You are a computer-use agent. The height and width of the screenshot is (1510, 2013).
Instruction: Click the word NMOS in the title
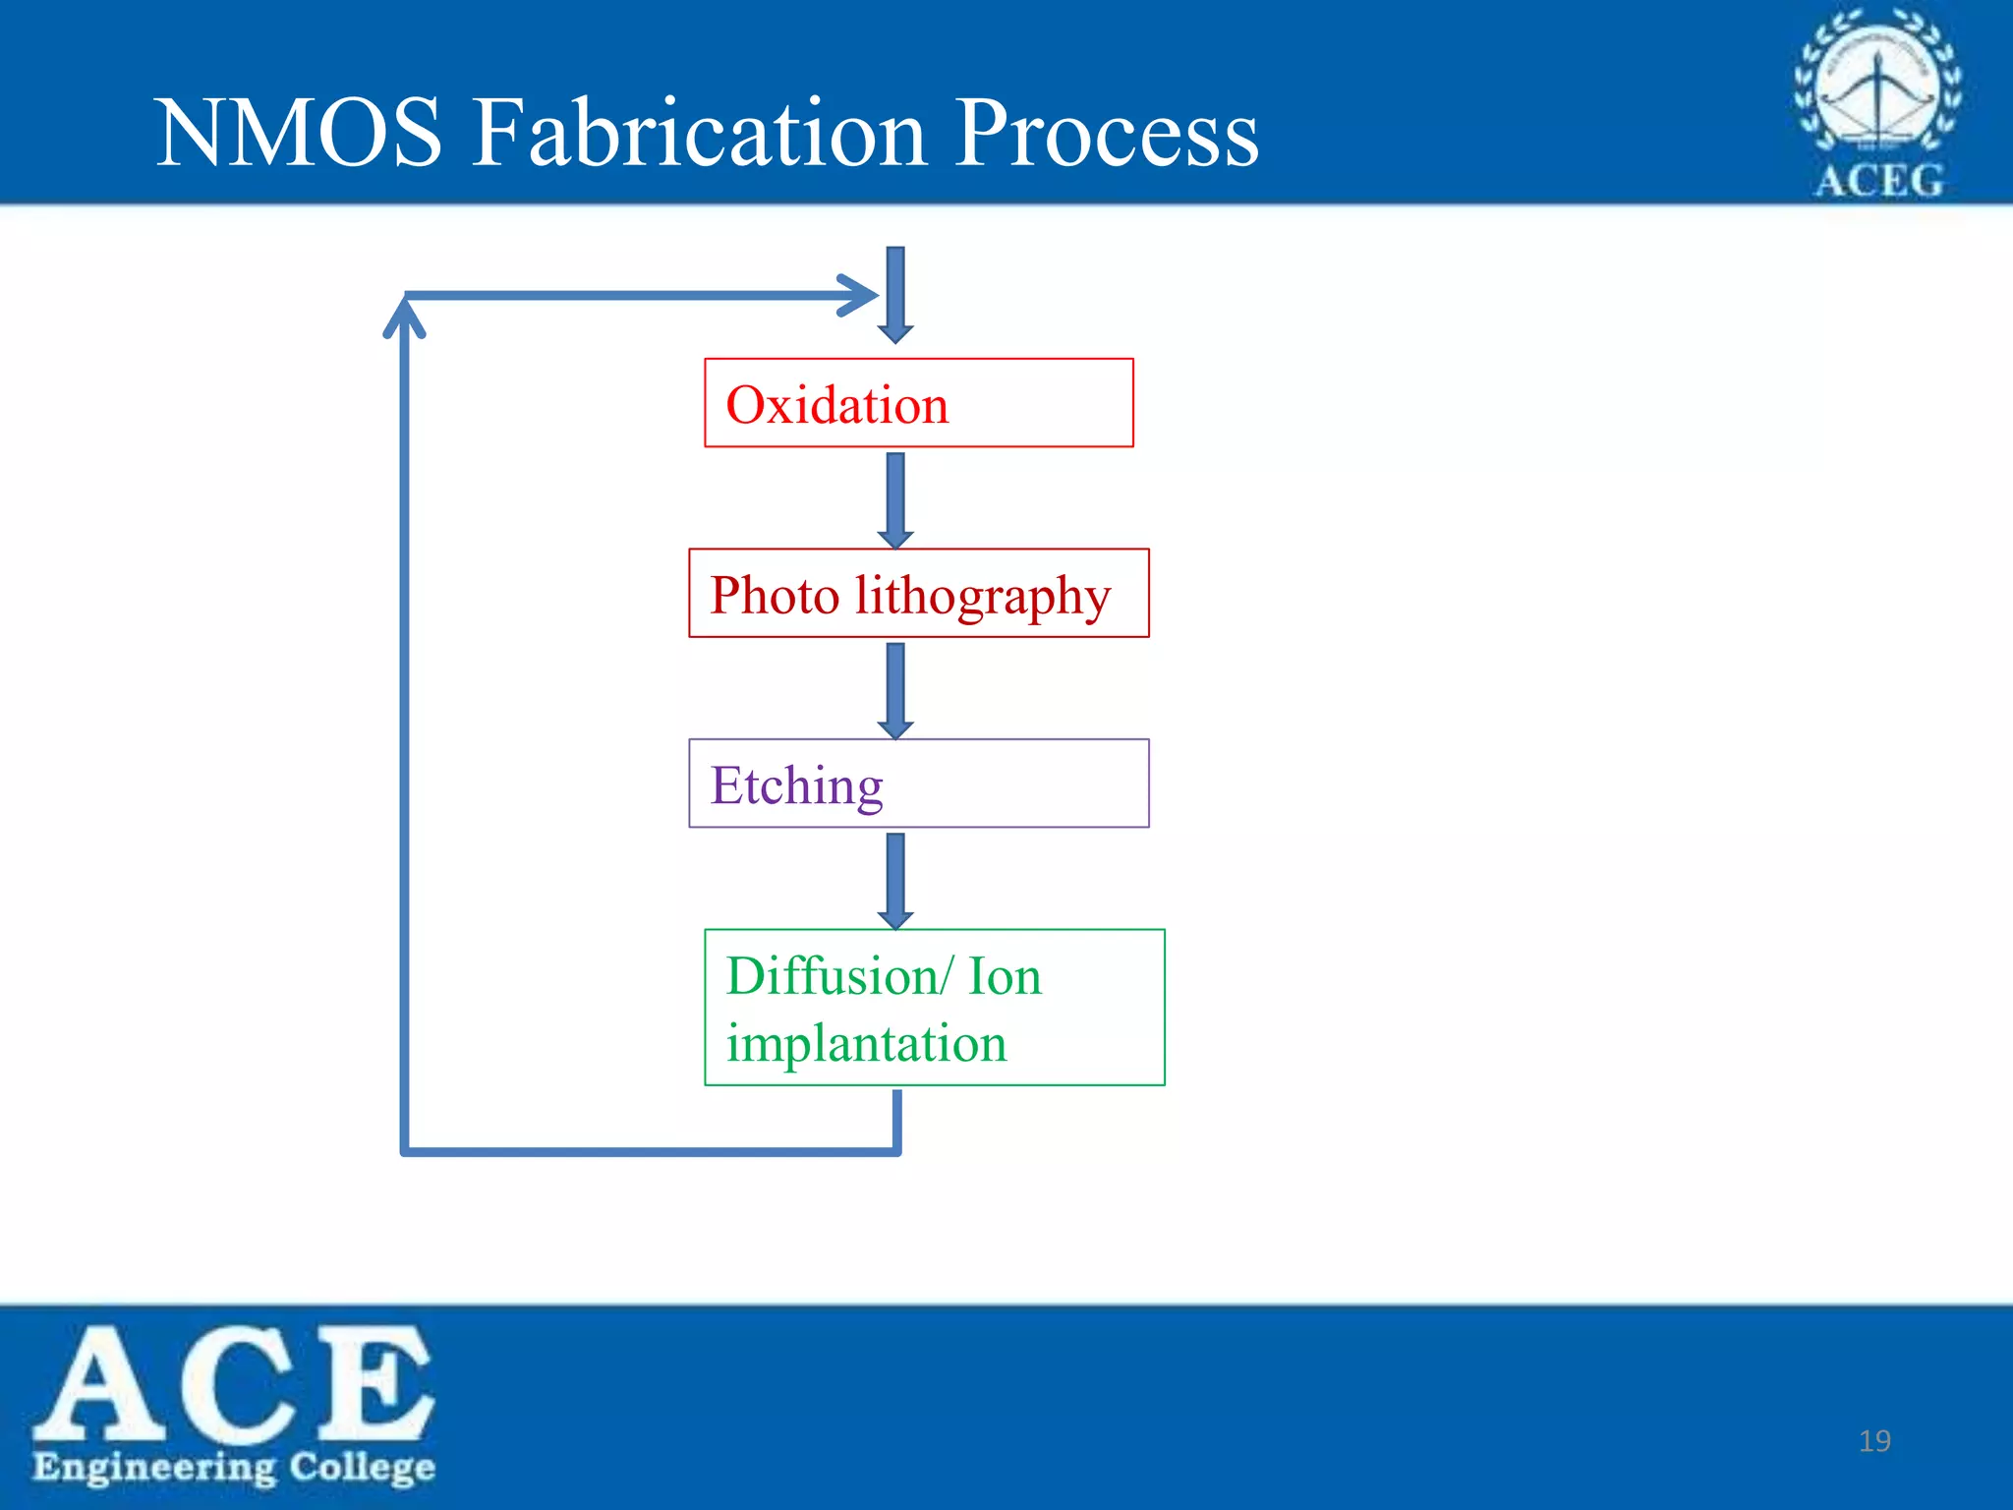[300, 134]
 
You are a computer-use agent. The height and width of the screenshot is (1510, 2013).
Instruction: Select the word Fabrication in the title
[700, 134]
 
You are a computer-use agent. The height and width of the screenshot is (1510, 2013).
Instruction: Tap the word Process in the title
[1107, 134]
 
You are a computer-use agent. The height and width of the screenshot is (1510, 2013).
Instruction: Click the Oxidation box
[918, 403]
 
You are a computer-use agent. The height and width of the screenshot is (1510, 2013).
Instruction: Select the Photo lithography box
[918, 594]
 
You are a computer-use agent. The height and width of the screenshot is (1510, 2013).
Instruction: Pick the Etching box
[918, 784]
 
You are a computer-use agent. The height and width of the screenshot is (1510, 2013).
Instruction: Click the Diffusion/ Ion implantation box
[934, 1008]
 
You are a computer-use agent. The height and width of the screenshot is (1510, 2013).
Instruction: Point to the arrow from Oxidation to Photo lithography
[895, 498]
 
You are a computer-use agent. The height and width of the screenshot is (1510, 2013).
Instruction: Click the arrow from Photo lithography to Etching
[895, 689]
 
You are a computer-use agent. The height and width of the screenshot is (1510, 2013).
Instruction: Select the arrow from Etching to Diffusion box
[895, 880]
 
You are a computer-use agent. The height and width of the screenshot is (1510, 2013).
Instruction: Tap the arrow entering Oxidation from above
[895, 295]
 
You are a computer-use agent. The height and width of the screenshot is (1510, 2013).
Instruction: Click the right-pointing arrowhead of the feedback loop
[857, 295]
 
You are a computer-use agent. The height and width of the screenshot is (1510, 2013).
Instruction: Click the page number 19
[1874, 1441]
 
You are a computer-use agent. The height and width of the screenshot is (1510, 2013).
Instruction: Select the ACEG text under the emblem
[1878, 182]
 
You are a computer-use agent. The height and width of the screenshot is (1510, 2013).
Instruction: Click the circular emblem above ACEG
[1877, 84]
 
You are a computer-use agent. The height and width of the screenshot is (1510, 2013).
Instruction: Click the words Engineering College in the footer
[234, 1467]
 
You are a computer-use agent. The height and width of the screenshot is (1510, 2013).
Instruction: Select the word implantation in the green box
[867, 1043]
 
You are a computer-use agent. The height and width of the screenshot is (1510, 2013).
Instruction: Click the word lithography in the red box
[983, 596]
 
